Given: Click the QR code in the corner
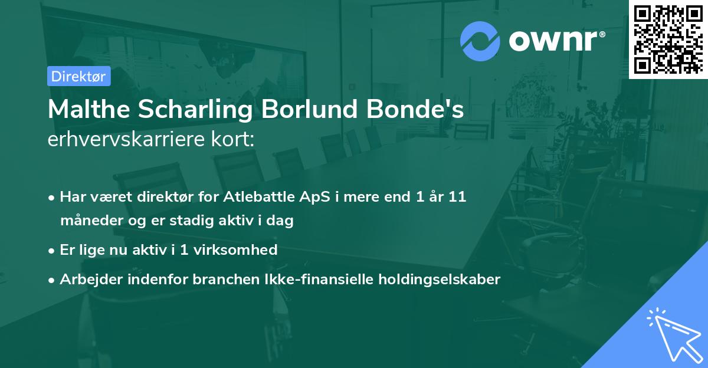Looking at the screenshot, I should click(668, 40).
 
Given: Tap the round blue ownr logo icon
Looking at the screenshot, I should click(480, 41).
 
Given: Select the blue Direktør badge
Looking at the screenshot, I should click(78, 76).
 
